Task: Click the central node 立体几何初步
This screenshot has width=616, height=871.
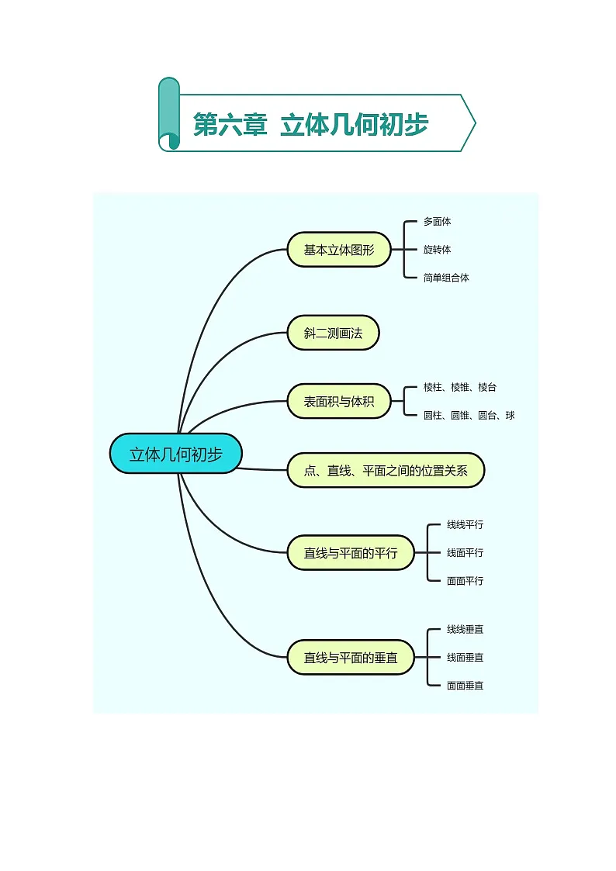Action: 175,454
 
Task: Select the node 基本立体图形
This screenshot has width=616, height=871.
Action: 339,250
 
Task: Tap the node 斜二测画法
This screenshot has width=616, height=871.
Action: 333,333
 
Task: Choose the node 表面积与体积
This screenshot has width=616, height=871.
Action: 339,401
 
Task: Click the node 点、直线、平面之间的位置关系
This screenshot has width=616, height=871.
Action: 386,471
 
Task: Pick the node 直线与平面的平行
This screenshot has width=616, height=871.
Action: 351,553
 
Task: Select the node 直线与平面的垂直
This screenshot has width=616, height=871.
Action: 351,658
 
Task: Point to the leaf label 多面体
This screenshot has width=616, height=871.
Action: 437,222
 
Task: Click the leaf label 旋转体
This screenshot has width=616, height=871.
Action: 437,250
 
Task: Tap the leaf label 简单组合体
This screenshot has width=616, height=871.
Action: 446,278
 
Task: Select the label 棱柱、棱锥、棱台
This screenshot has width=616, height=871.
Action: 460,387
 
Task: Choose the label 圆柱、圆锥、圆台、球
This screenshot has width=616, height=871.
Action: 469,416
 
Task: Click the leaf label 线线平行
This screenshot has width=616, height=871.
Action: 465,524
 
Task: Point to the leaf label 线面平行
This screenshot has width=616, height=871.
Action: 465,553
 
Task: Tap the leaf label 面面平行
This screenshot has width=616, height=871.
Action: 465,581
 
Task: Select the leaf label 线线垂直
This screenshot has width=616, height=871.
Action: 465,629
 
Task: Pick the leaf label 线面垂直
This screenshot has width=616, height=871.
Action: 465,658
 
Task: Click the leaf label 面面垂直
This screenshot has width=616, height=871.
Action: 465,686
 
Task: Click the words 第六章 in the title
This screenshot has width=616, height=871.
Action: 230,124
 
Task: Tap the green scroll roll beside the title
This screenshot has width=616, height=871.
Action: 169,114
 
